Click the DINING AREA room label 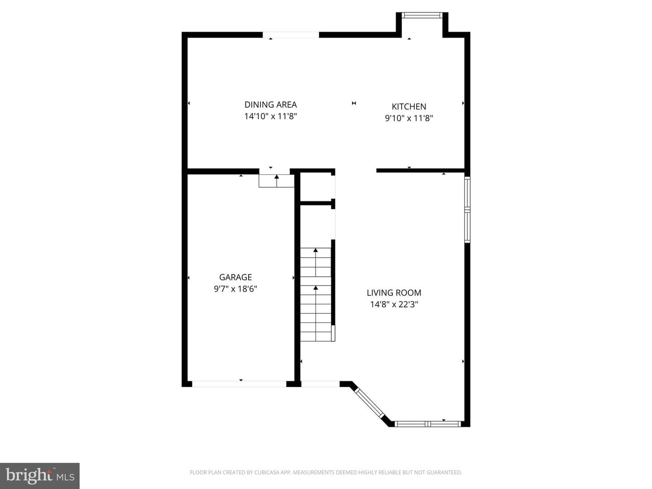[270, 105]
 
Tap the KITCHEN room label [409, 106]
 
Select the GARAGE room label [235, 277]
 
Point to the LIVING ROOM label [394, 293]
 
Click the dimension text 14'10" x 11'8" [270, 116]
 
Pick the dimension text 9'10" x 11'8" [409, 118]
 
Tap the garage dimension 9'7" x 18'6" [235, 288]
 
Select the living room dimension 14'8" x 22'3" [394, 304]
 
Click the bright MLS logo [40, 476]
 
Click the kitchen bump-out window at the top [422, 15]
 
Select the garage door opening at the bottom [239, 384]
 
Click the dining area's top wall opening [291, 35]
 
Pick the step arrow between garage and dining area [277, 181]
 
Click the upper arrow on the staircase [316, 263]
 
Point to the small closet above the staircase [316, 187]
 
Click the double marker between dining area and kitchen [354, 103]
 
